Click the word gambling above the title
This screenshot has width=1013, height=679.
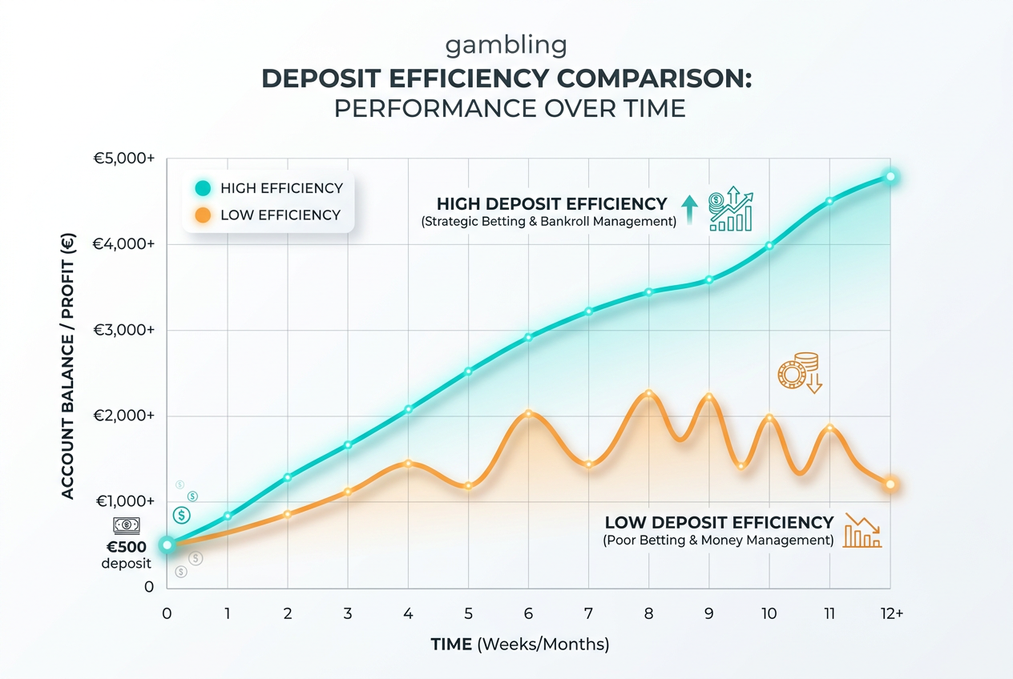click(506, 46)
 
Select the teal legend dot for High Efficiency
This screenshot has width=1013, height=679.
click(203, 188)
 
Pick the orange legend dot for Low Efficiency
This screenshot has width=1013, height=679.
click(203, 215)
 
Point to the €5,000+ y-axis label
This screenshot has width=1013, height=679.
click(124, 158)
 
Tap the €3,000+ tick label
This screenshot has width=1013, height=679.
click(124, 330)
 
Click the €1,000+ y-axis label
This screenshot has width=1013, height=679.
click(125, 501)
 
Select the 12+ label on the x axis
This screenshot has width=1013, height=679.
click(892, 613)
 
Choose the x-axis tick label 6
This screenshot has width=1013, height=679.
click(528, 613)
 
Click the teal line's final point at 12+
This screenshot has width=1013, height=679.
click(890, 177)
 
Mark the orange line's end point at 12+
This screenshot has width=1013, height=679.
click(890, 484)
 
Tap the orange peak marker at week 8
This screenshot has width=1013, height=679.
click(649, 393)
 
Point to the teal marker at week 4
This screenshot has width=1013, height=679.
click(409, 409)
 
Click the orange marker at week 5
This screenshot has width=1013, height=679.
click(469, 486)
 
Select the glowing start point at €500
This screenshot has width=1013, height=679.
click(167, 544)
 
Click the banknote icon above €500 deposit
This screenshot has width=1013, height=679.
click(126, 525)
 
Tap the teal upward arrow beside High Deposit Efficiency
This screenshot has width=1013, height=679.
click(689, 210)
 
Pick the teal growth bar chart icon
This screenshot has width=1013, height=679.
click(731, 209)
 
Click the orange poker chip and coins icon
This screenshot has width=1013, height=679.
click(800, 372)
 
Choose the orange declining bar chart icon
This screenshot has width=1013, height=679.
click(862, 530)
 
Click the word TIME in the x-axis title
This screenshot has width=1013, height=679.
click(451, 645)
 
